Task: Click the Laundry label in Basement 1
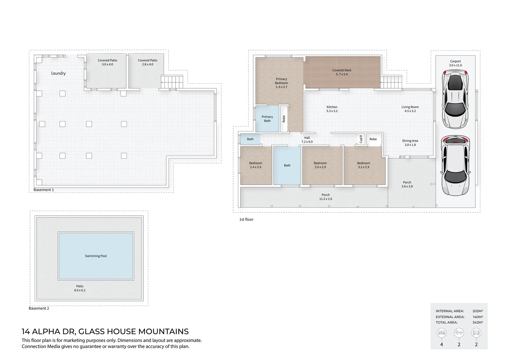point(58,73)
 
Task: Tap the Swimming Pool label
point(96,256)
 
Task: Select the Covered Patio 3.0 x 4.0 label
point(107,62)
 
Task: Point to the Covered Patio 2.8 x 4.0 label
point(148,62)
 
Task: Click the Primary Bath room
point(267,119)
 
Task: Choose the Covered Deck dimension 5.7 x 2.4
point(342,74)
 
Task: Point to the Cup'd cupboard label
point(361,139)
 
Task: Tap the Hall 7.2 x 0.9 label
point(307,140)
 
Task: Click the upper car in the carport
point(455,99)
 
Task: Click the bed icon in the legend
point(442,333)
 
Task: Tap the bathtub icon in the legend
point(459,333)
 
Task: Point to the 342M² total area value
point(478,322)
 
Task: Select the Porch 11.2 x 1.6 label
point(325,197)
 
